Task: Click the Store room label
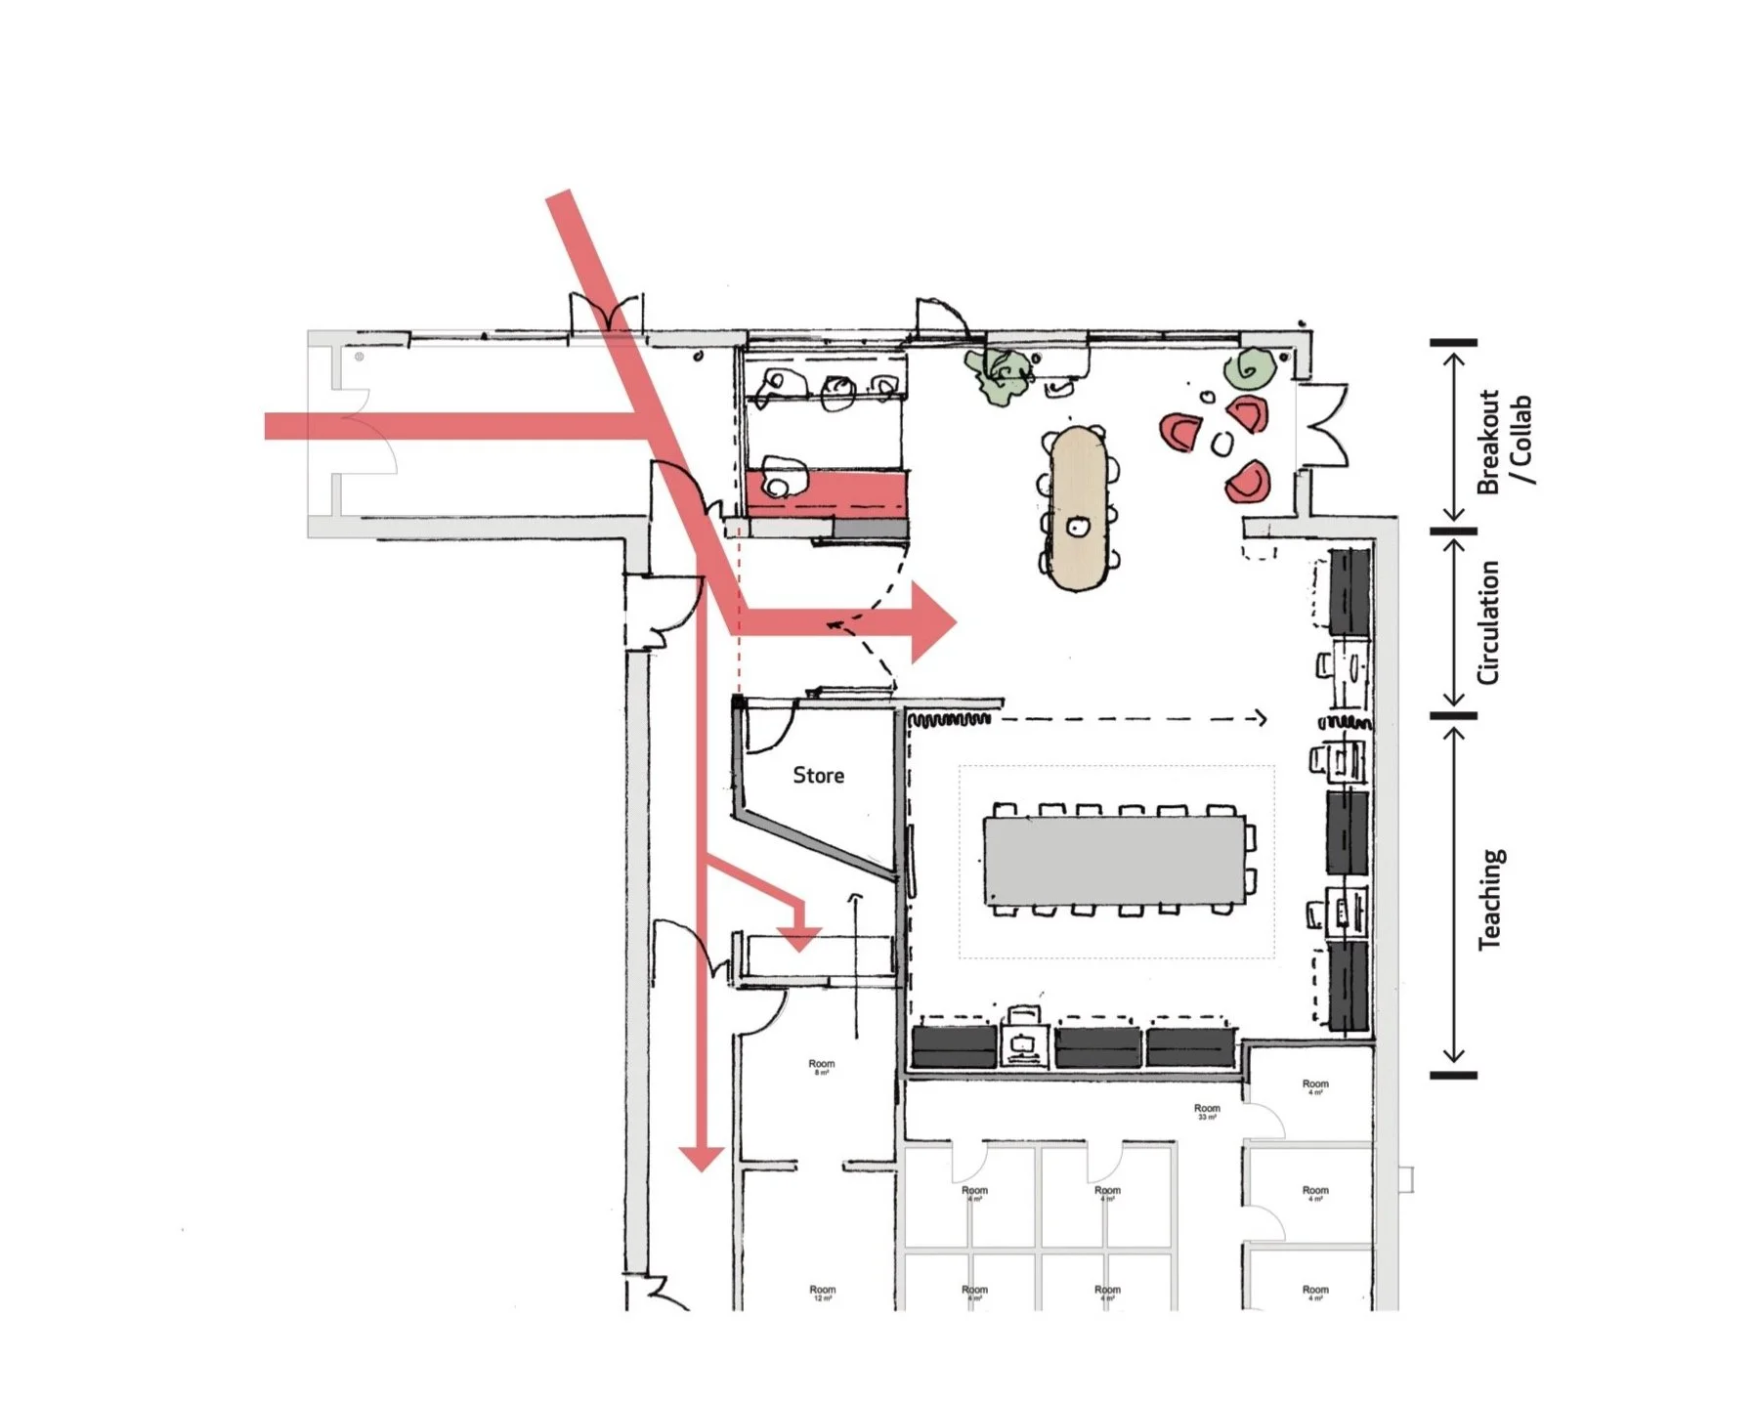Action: pyautogui.click(x=818, y=776)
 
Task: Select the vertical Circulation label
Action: pyautogui.click(x=1487, y=622)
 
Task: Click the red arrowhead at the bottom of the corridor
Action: pyautogui.click(x=701, y=1158)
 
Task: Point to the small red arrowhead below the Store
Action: pyautogui.click(x=800, y=940)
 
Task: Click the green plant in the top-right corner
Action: pyautogui.click(x=1249, y=369)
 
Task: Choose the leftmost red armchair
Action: pyautogui.click(x=1181, y=431)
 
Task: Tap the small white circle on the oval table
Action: pyautogui.click(x=1078, y=528)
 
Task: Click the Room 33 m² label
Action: pyautogui.click(x=1207, y=1110)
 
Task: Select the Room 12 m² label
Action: pyautogui.click(x=822, y=1292)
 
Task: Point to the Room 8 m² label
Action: pyautogui.click(x=821, y=1066)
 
